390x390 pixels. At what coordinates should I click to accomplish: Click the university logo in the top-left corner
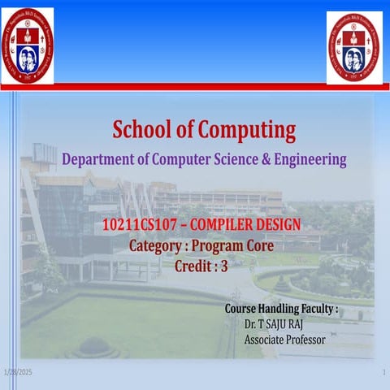point(28,45)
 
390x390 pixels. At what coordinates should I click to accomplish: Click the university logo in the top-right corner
point(354,47)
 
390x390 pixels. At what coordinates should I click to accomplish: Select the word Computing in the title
point(245,130)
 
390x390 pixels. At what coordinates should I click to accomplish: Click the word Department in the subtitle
point(100,159)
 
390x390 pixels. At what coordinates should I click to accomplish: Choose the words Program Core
point(240,245)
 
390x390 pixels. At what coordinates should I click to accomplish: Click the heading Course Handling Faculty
point(280,310)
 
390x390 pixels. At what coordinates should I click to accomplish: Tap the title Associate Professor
point(284,339)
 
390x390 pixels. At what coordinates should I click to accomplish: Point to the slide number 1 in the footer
point(382,371)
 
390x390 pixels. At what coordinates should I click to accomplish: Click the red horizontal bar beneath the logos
point(195,86)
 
